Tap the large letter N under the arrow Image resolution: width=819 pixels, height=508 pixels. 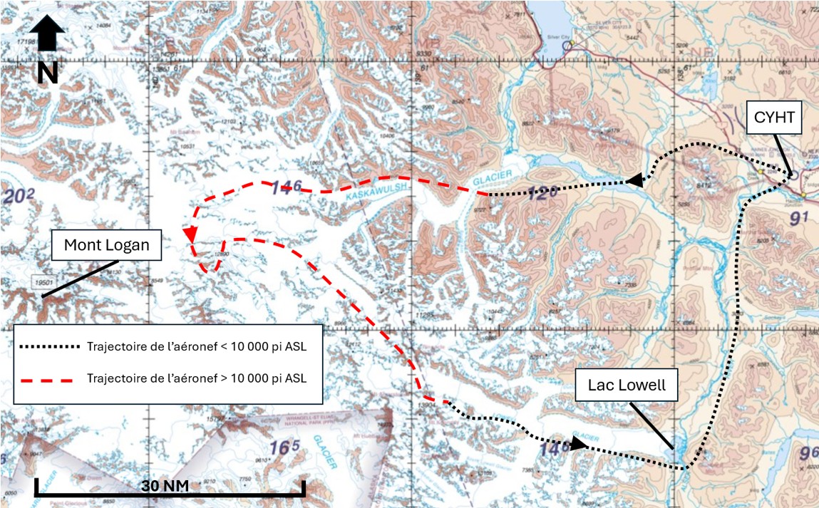(x=47, y=73)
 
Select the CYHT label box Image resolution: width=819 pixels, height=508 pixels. (x=774, y=118)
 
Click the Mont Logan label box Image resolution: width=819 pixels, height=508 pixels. (x=107, y=245)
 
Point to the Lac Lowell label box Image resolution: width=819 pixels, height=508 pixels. (x=627, y=385)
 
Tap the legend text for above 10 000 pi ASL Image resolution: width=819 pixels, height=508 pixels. (x=196, y=378)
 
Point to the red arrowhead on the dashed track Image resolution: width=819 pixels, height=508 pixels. (x=190, y=234)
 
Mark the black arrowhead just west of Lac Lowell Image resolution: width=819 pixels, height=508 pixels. (x=579, y=443)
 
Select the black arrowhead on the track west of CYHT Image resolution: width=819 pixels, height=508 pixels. (x=634, y=182)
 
